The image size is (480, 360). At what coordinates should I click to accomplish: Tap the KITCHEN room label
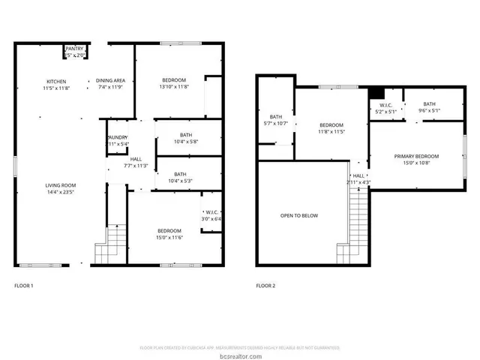coord(56,81)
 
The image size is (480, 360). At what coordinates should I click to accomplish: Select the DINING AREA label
coord(110,81)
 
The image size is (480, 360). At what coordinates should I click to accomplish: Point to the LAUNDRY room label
coord(117,137)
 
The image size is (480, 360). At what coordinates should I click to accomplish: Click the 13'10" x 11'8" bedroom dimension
coord(173,87)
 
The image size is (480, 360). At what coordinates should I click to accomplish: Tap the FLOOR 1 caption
coord(24,286)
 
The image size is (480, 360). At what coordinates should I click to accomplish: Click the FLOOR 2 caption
coord(265,286)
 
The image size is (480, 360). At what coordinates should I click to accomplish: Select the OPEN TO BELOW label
coord(299,216)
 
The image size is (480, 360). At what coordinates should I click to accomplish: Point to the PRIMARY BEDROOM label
coord(416,156)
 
